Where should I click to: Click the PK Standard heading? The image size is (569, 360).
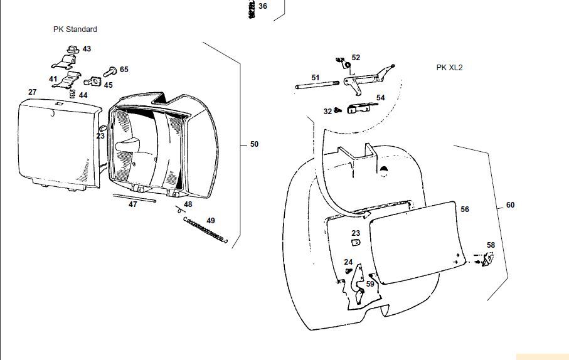click(75, 29)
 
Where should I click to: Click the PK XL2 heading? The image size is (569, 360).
click(449, 67)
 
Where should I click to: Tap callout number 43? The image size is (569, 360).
click(87, 48)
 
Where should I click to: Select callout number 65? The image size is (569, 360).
click(124, 69)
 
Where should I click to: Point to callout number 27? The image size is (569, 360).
click(33, 92)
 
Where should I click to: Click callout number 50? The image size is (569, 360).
click(254, 144)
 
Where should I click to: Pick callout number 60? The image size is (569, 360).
click(510, 205)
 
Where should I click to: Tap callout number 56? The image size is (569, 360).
click(464, 209)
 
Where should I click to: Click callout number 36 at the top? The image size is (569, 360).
click(262, 6)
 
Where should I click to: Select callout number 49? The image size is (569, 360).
click(210, 220)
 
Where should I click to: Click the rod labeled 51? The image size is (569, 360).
click(317, 85)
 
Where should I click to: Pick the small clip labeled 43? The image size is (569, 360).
click(73, 48)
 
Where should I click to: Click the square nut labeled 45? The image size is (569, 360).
click(96, 81)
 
